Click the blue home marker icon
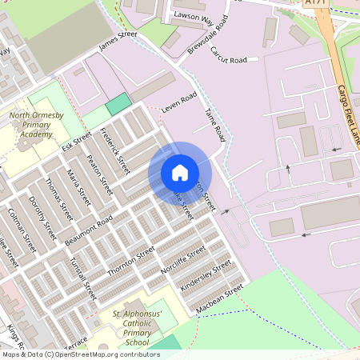pos(180,172)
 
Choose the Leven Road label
pos(178,102)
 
